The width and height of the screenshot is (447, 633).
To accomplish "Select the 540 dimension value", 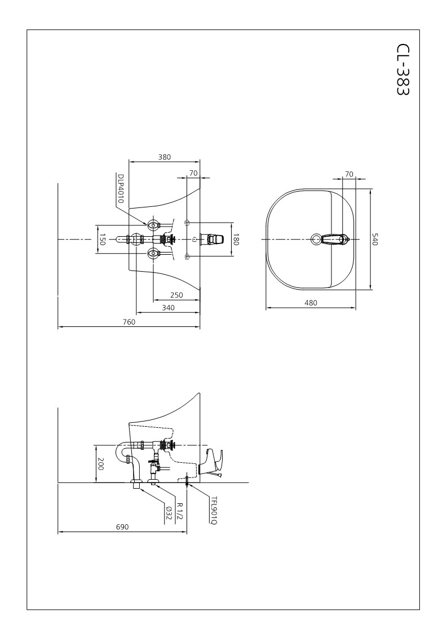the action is click(x=375, y=239).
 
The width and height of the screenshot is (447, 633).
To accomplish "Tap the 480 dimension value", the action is click(x=311, y=303).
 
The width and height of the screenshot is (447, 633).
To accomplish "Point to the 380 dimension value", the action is click(x=165, y=157).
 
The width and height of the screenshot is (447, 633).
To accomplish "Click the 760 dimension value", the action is click(x=129, y=322).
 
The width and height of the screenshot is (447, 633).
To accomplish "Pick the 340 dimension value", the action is click(x=168, y=308).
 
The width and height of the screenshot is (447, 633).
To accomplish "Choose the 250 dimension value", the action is click(x=176, y=295).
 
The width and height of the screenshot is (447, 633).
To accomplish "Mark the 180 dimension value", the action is click(x=236, y=239).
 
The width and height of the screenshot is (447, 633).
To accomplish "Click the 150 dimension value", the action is click(x=102, y=239).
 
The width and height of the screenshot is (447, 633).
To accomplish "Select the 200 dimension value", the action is click(x=100, y=464).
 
